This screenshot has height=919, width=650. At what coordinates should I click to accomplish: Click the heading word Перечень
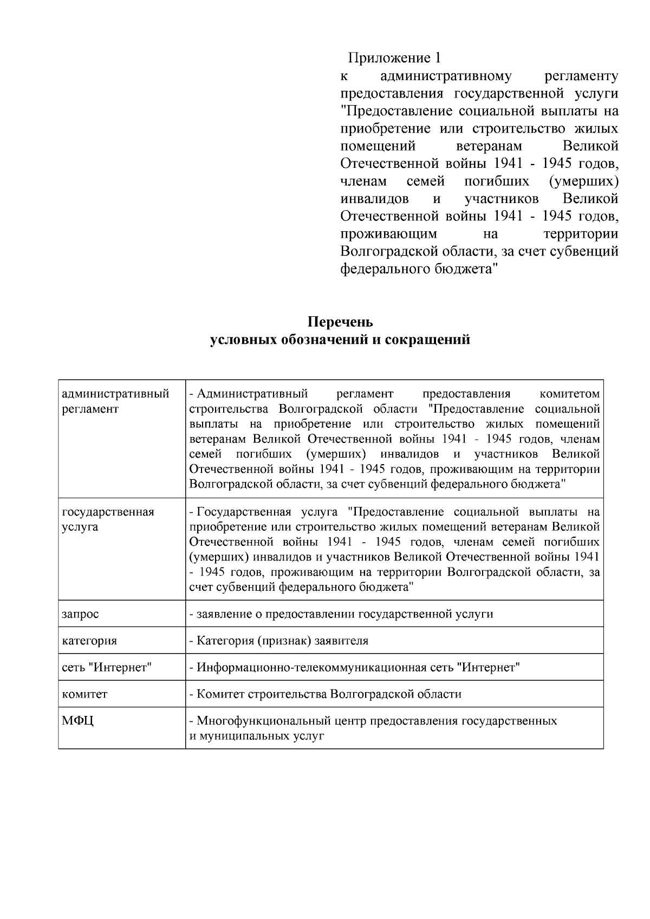340,322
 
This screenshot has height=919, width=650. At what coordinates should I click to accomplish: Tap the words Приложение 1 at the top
395,57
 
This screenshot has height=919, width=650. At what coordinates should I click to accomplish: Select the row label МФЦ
78,721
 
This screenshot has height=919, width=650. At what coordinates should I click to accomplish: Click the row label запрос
81,614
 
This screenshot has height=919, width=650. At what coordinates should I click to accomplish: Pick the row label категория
89,641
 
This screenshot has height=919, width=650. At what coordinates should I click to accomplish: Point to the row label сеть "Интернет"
107,667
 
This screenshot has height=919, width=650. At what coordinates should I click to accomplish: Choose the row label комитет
84,694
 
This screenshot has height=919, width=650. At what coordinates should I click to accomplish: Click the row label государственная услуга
108,519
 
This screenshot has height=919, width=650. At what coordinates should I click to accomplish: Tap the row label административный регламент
115,401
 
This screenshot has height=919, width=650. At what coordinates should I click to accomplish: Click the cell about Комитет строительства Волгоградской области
325,694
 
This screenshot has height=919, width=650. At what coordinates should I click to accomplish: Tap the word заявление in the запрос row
222,614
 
